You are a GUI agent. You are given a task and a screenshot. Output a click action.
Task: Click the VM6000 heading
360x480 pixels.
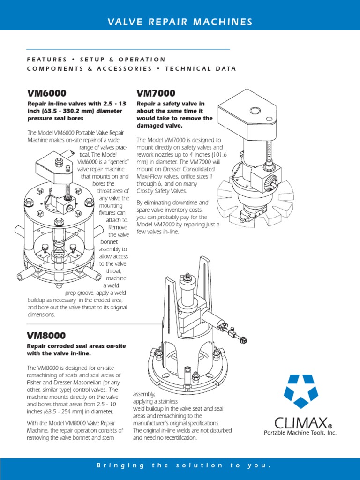point(46,93)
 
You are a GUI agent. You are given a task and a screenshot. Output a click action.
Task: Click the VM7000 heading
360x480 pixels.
point(156,93)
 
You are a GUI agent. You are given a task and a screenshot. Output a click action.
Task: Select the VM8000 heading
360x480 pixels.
point(46,336)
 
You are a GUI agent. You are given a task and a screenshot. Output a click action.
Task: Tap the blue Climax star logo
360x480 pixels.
point(300,391)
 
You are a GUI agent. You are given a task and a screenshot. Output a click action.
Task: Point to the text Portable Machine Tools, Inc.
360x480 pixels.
point(300,433)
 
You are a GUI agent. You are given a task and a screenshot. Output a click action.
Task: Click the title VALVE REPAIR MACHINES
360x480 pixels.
point(180,22)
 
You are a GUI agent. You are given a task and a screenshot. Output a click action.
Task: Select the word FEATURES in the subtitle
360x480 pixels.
point(47,60)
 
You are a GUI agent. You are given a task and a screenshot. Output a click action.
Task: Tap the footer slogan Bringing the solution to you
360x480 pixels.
point(183,465)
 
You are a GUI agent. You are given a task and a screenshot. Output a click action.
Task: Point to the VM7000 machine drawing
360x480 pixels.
point(253,159)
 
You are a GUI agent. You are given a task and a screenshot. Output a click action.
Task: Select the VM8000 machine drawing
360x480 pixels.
point(197,328)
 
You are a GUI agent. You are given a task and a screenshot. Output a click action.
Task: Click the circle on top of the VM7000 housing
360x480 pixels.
point(255,111)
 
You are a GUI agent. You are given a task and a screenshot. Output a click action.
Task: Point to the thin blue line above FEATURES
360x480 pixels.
point(128,49)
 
